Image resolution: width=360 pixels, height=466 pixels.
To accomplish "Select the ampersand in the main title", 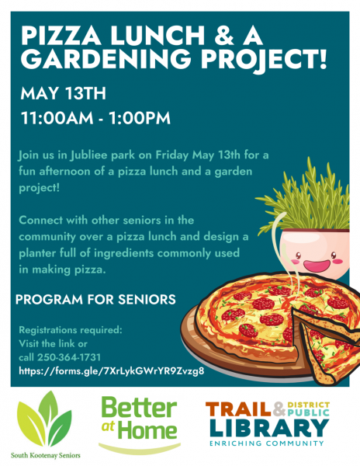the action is [x=223, y=35].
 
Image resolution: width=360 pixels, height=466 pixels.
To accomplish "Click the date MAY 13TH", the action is [x=63, y=93].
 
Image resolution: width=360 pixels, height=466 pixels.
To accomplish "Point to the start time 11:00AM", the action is [x=57, y=118].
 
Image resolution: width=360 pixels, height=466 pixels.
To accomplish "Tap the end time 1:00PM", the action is [x=140, y=118].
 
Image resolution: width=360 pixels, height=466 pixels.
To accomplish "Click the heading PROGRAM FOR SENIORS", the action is [x=95, y=299].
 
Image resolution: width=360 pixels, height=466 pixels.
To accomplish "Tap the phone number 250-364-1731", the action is [x=69, y=357].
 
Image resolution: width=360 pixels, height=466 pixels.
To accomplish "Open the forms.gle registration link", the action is [x=112, y=371].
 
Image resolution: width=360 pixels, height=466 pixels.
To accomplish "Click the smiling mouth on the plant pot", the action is [x=317, y=265].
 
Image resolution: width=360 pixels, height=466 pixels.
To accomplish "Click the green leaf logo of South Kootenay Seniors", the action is [x=44, y=420].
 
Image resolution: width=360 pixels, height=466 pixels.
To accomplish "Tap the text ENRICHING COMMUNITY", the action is [x=267, y=443].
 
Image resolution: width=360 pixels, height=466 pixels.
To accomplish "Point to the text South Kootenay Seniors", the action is [x=46, y=455].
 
